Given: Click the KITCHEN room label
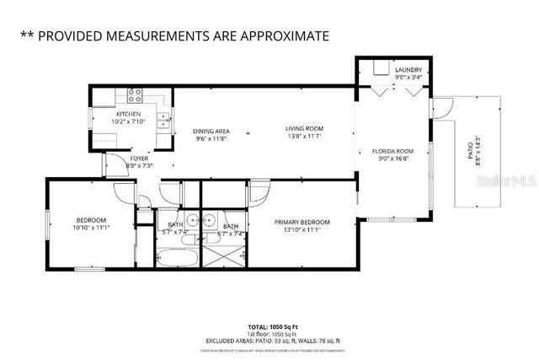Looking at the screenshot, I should pyautogui.click(x=128, y=114).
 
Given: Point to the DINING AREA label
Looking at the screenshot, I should pyautogui.click(x=211, y=131).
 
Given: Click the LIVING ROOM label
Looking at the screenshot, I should pyautogui.click(x=304, y=128).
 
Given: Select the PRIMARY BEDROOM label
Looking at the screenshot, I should pyautogui.click(x=302, y=223).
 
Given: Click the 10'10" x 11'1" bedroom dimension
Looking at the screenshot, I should pyautogui.click(x=91, y=228).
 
